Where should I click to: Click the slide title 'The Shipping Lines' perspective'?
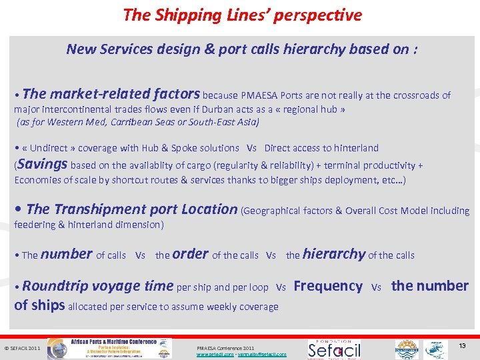[242, 15]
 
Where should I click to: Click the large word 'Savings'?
[43, 164]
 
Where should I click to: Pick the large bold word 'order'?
[190, 254]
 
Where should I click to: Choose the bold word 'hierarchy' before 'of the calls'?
[333, 254]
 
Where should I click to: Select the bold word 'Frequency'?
[328, 286]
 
